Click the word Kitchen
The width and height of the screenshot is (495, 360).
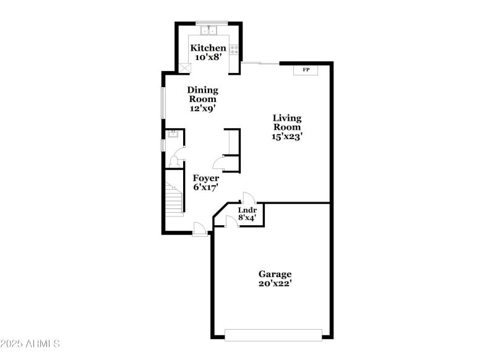click(207, 48)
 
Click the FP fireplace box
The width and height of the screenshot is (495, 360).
click(306, 70)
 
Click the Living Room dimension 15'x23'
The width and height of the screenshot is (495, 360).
click(287, 137)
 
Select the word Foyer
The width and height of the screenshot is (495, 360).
click(205, 178)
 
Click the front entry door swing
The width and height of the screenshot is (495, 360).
click(199, 229)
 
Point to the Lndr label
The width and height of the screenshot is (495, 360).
click(247, 210)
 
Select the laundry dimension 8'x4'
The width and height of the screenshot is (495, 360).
click(247, 218)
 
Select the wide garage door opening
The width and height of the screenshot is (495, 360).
click(273, 334)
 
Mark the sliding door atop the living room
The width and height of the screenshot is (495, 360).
click(260, 63)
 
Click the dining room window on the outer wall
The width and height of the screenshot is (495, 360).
click(163, 102)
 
